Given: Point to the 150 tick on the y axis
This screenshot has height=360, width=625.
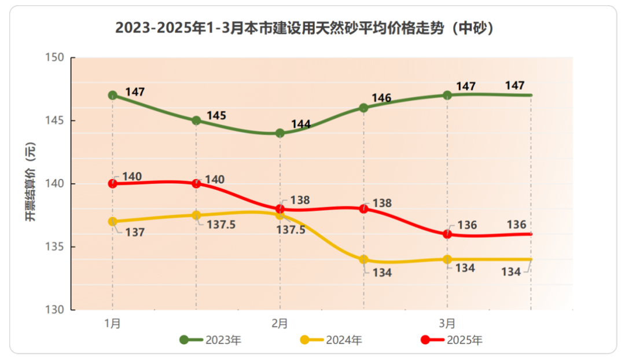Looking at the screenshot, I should [54, 58].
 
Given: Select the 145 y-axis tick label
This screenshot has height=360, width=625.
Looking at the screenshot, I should [54, 121].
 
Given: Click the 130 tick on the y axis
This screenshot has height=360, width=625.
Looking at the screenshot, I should [54, 310].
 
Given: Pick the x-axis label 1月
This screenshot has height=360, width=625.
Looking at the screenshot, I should [112, 323].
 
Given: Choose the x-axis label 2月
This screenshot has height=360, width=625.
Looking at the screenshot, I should [280, 323].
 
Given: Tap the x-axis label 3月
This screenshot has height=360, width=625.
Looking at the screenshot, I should [447, 323].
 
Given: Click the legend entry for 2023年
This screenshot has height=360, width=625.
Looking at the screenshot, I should [211, 340].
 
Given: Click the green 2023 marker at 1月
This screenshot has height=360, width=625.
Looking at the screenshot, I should [113, 95].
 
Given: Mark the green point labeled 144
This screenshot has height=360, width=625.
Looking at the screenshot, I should [280, 133].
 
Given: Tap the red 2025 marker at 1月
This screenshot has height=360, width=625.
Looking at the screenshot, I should [113, 183].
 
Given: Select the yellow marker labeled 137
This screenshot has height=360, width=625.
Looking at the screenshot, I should [113, 221].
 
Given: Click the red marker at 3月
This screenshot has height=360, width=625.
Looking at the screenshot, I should [447, 234].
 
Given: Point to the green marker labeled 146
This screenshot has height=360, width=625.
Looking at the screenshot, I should [363, 108].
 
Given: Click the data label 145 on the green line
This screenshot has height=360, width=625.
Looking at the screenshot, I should [216, 116].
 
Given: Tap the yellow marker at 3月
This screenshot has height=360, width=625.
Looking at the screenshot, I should [447, 259].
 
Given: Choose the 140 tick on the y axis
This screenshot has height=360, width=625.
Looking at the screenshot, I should [54, 183].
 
